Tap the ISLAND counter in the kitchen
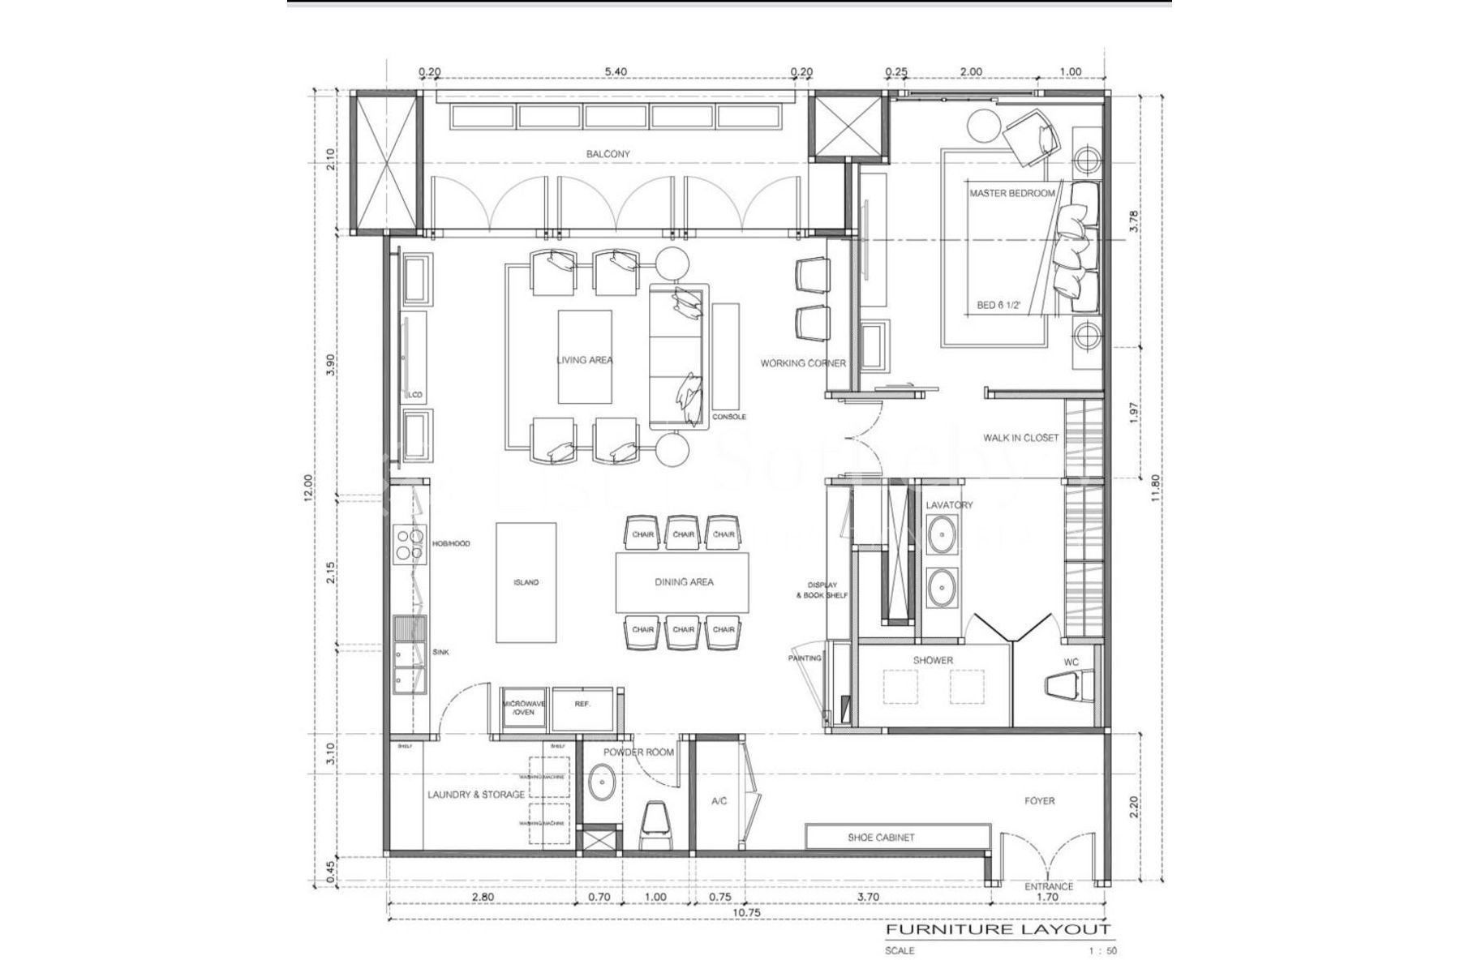point(526,582)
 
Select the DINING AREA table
point(683,582)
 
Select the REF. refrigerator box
point(582,704)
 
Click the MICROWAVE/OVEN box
point(524,707)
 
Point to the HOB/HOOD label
point(451,544)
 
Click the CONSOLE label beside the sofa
point(728,417)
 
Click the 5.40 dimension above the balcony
point(616,71)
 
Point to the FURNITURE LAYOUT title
point(998,929)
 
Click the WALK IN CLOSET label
point(1020,438)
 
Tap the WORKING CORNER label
point(803,363)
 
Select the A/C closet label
point(719,801)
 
